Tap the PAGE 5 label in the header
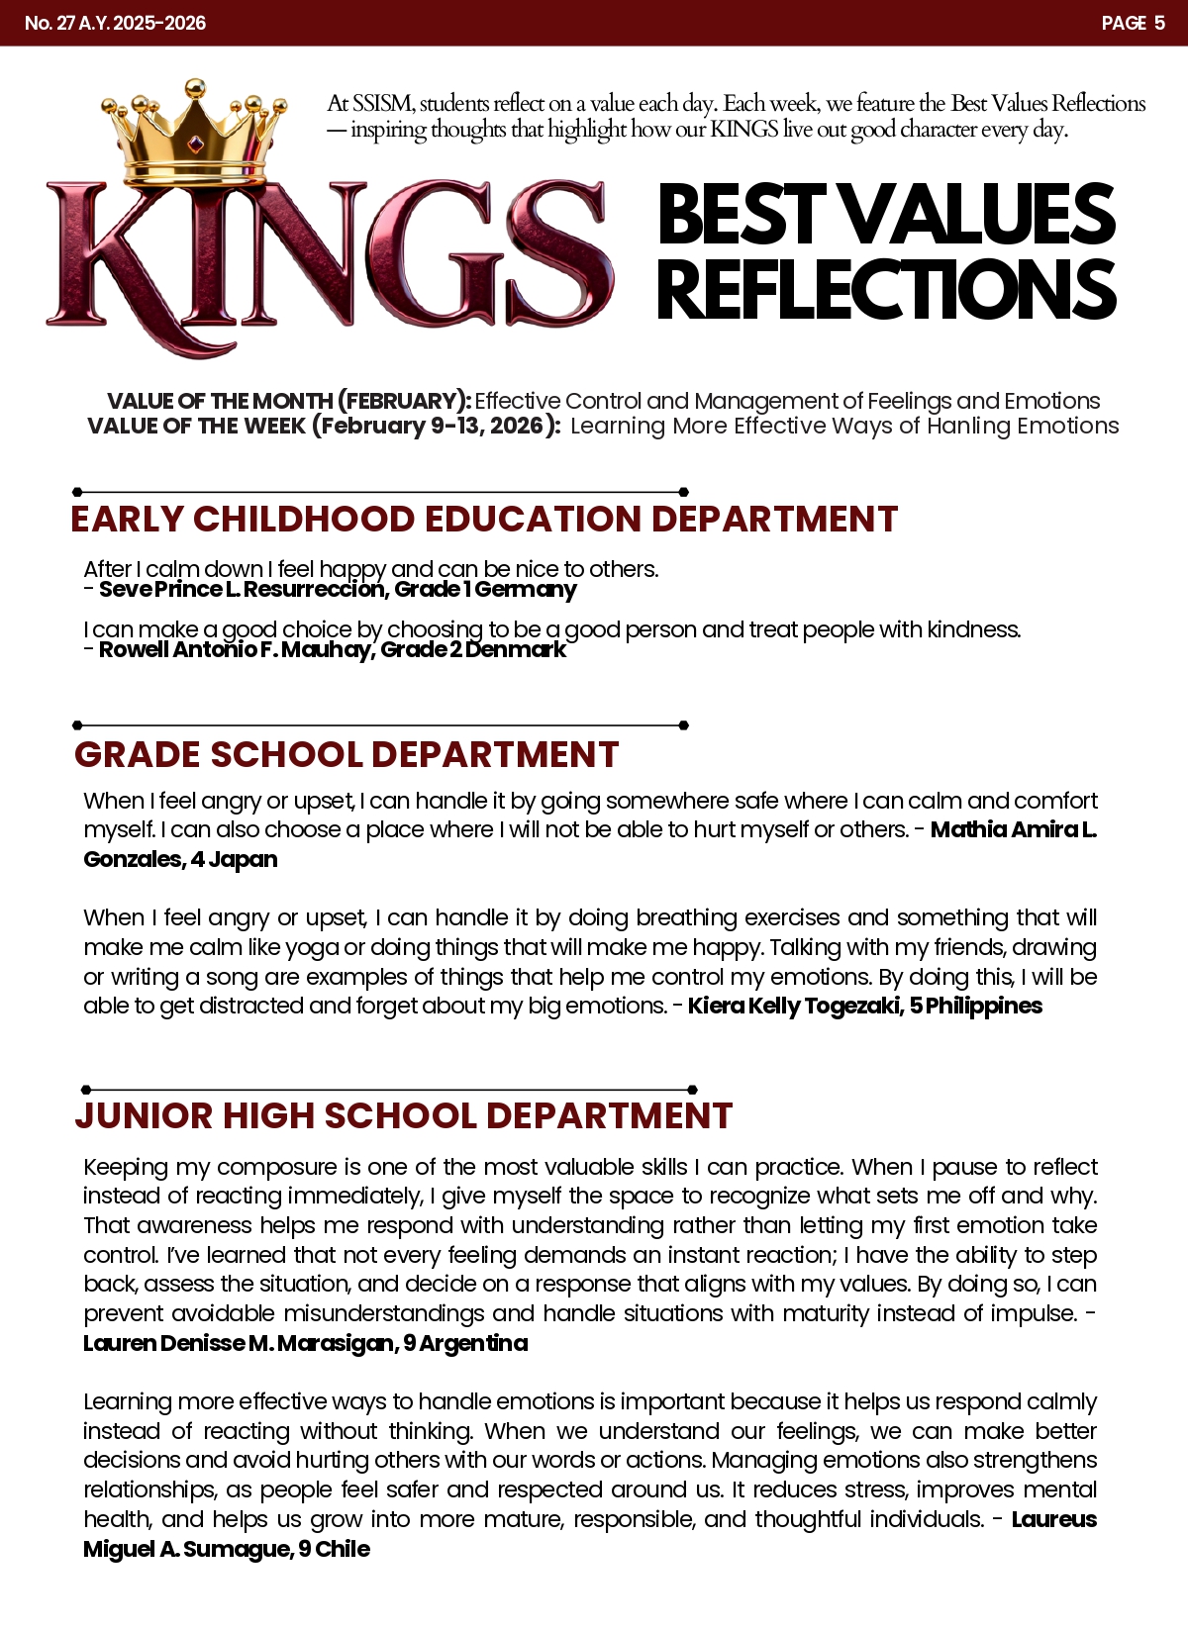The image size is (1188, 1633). click(x=1133, y=23)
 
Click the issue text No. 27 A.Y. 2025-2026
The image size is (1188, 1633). click(x=115, y=23)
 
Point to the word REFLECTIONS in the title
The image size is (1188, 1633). click(x=886, y=289)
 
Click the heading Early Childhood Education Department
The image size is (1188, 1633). click(x=483, y=520)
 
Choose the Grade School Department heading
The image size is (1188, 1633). click(x=346, y=754)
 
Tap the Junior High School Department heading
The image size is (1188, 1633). click(x=403, y=1115)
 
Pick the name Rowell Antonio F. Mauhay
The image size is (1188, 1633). click(x=235, y=650)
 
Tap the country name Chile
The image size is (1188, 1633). click(x=343, y=1550)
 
